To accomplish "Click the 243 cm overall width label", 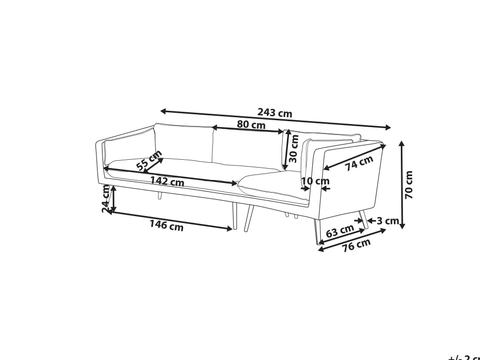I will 275,113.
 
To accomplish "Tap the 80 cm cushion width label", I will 251,125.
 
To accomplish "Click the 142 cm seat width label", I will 167,181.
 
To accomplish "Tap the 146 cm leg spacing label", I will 166,225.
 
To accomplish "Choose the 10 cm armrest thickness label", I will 315,181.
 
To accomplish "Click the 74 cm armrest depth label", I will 359,163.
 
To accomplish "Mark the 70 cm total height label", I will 409,185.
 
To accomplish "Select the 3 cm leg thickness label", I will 387,221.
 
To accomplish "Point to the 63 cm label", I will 339,231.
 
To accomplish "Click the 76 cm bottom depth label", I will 356,244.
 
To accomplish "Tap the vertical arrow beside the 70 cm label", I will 402,185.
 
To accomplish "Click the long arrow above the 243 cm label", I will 275,119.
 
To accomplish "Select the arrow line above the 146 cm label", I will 171,220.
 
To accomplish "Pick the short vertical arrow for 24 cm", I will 113,199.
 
